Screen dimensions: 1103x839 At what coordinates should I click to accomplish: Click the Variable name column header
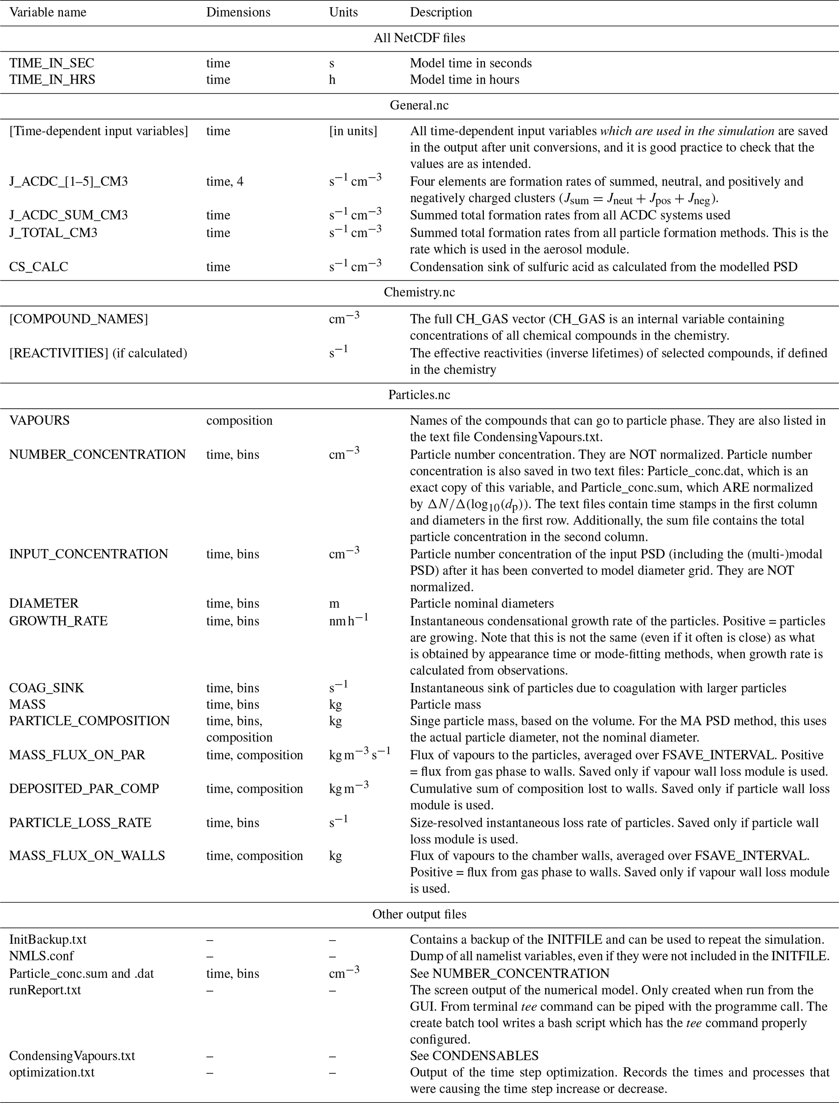47,13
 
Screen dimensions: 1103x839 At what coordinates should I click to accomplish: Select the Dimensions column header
238,13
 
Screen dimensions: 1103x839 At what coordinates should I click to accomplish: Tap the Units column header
343,13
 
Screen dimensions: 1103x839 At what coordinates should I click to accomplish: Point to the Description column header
441,13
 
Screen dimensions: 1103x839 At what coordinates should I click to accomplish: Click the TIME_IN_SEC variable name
52,63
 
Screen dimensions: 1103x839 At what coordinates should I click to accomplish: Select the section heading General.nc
419,106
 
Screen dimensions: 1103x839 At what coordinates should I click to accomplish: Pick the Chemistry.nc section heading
419,292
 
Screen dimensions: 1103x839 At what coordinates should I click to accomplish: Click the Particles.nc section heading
419,395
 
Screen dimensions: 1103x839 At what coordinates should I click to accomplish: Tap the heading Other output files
419,914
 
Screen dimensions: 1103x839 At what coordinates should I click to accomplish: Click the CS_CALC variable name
39,267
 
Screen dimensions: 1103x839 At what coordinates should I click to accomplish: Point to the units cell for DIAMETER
334,603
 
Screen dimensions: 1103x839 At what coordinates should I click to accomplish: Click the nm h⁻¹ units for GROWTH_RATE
349,621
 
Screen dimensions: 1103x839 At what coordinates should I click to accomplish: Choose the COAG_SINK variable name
46,688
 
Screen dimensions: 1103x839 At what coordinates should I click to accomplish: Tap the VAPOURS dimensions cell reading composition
239,421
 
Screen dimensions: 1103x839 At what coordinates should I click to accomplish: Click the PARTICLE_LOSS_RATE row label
80,823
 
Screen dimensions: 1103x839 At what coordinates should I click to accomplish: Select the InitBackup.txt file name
47,939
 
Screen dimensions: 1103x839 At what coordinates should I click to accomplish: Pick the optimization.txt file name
52,1072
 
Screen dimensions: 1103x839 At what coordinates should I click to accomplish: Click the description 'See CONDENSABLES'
474,1055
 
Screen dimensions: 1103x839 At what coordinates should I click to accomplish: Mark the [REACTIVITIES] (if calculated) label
98,353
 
